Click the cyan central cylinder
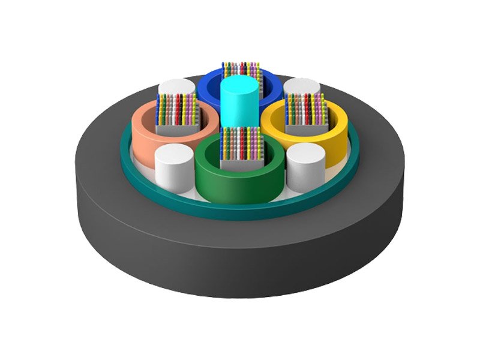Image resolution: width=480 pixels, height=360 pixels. [239, 108]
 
